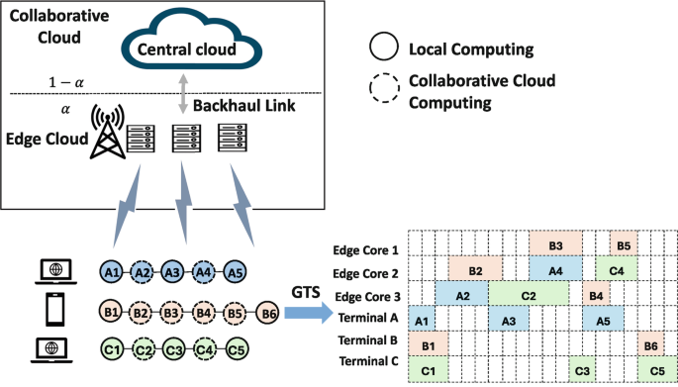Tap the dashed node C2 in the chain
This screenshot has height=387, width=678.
(x=143, y=349)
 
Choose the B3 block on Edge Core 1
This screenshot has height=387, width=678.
(x=555, y=244)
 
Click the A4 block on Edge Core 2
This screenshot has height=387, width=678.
(x=555, y=269)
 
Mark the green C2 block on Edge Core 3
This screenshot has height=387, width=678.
(x=529, y=294)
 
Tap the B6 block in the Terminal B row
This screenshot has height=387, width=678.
(x=650, y=344)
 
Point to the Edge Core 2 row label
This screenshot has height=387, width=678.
(x=368, y=272)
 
